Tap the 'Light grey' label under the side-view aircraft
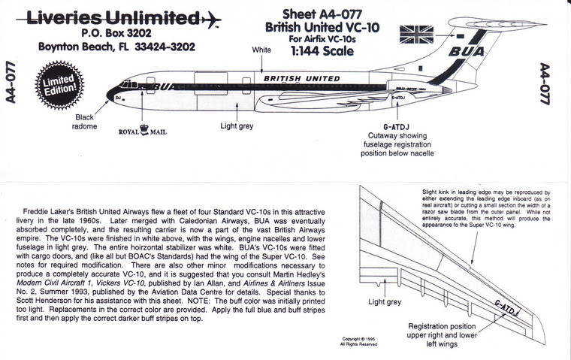click(236, 127)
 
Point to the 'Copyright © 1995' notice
click(352, 339)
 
